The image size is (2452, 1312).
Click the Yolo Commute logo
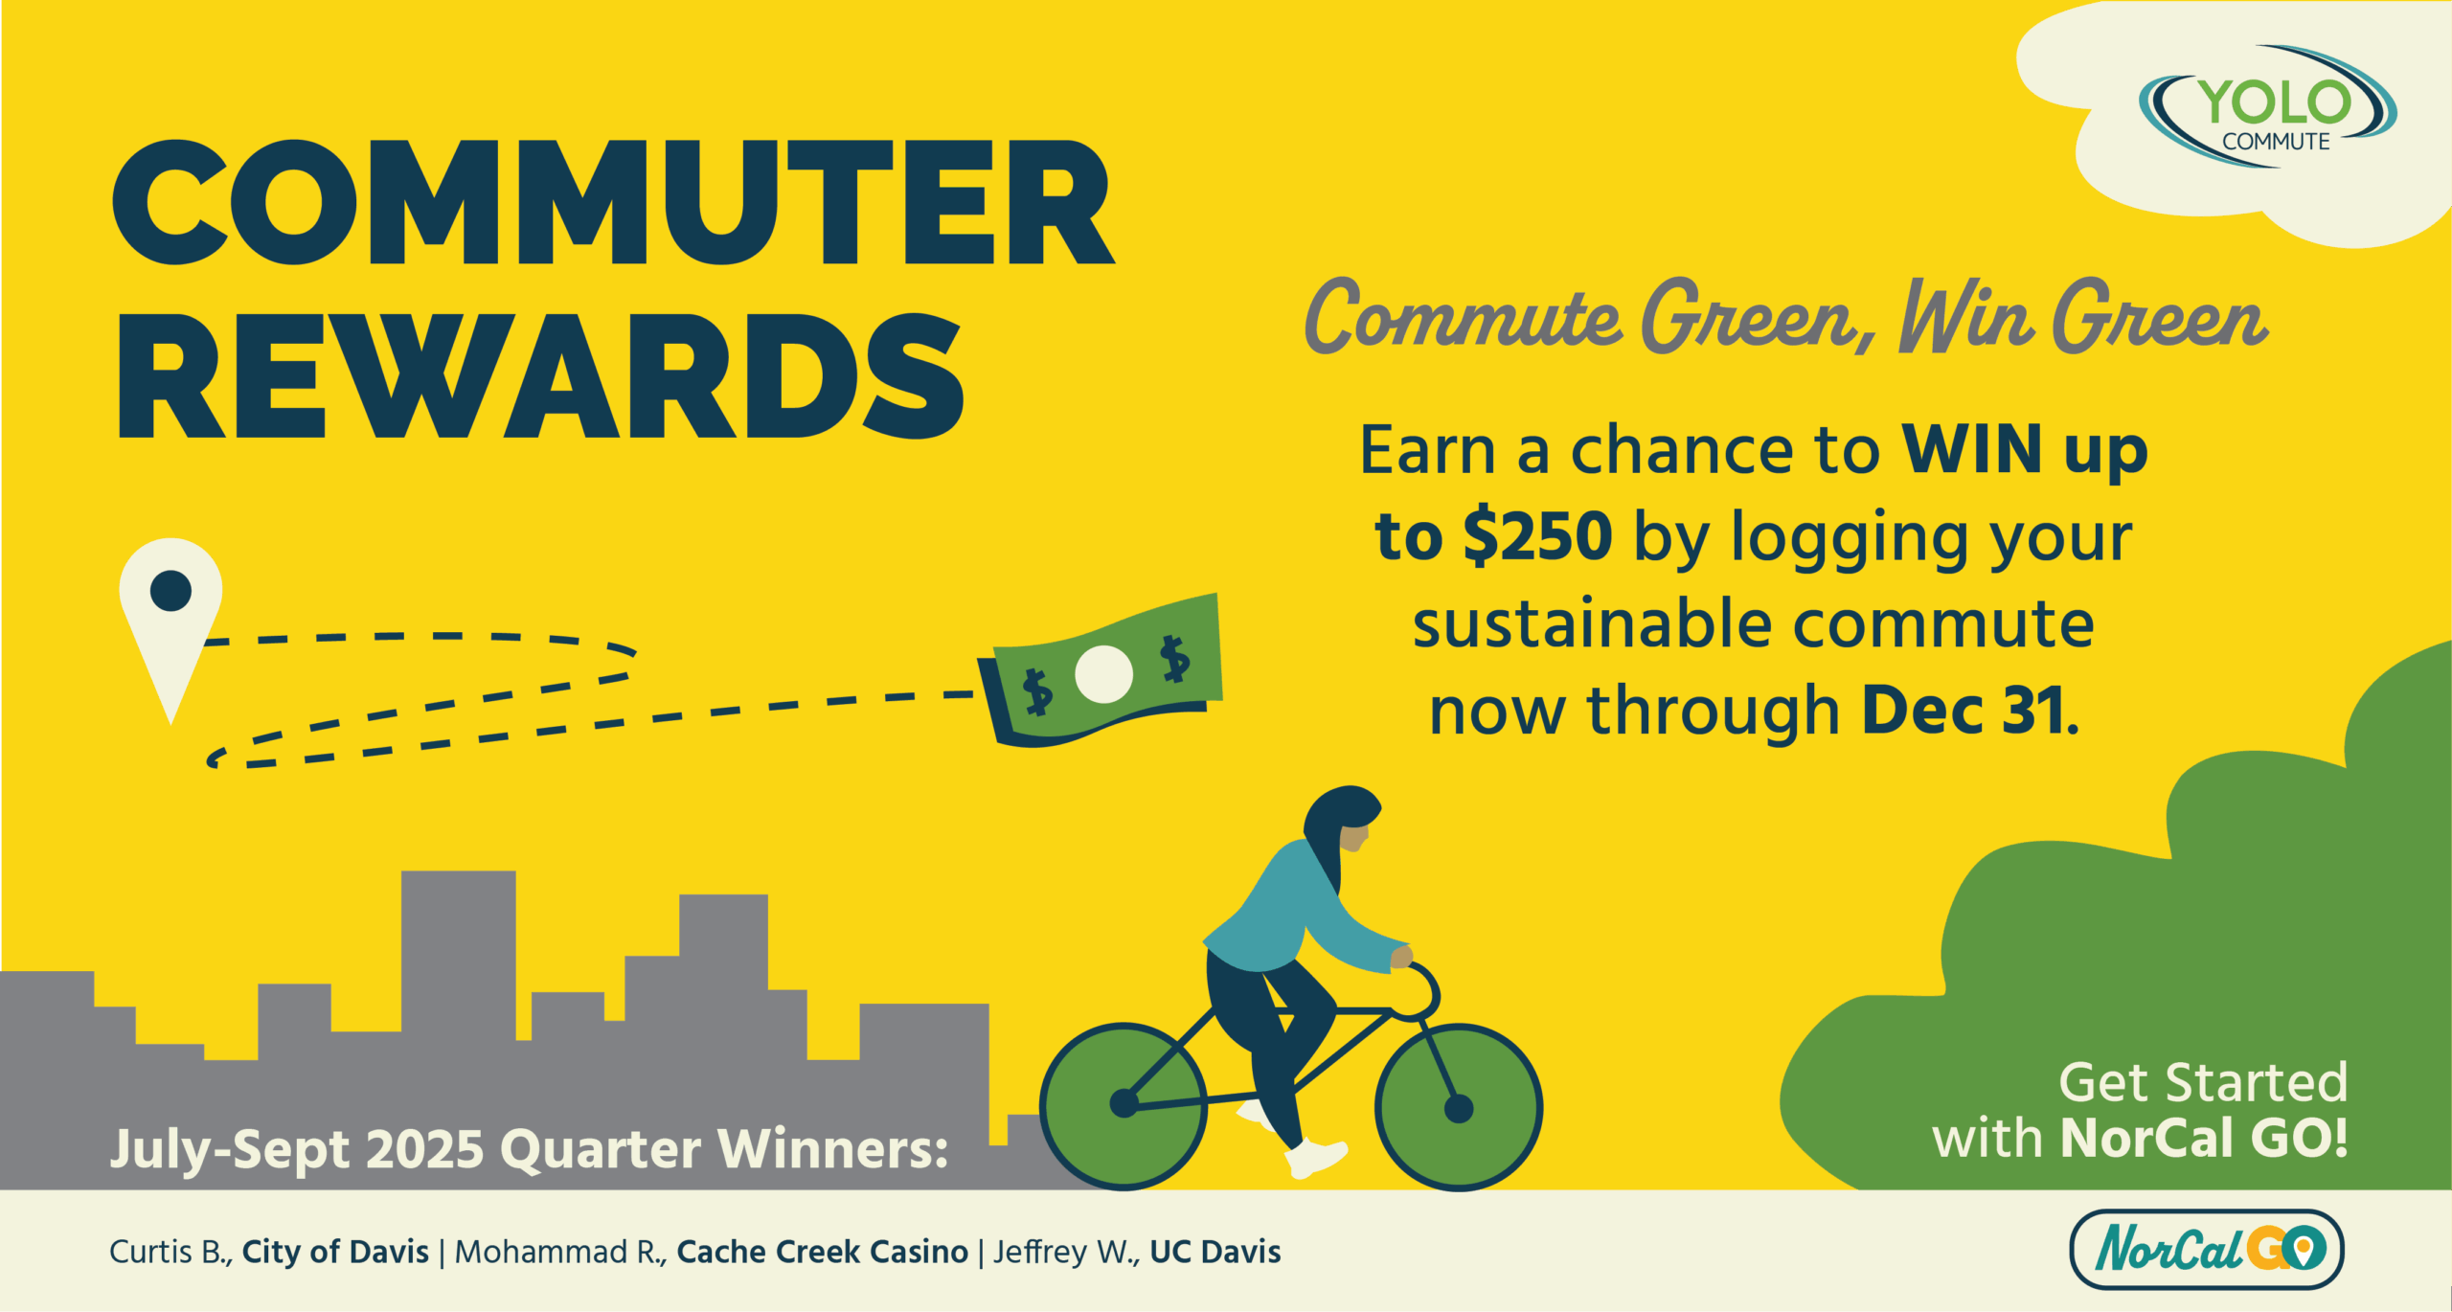point(2267,107)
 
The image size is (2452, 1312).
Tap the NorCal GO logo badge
point(2207,1249)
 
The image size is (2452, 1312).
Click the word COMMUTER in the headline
point(613,203)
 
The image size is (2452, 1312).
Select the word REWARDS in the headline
point(540,376)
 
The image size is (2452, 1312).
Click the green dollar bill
point(1101,669)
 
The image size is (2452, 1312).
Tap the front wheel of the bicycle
point(1459,1108)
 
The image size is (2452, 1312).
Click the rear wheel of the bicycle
point(1124,1106)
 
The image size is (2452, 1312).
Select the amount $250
point(1538,536)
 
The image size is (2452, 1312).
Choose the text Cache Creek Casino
point(822,1252)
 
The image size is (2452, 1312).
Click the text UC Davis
point(1215,1252)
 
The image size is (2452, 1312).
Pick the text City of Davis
point(335,1252)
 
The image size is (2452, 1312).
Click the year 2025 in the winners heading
point(424,1149)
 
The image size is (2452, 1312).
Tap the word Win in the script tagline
point(1966,316)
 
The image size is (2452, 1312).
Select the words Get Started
point(2203,1083)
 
